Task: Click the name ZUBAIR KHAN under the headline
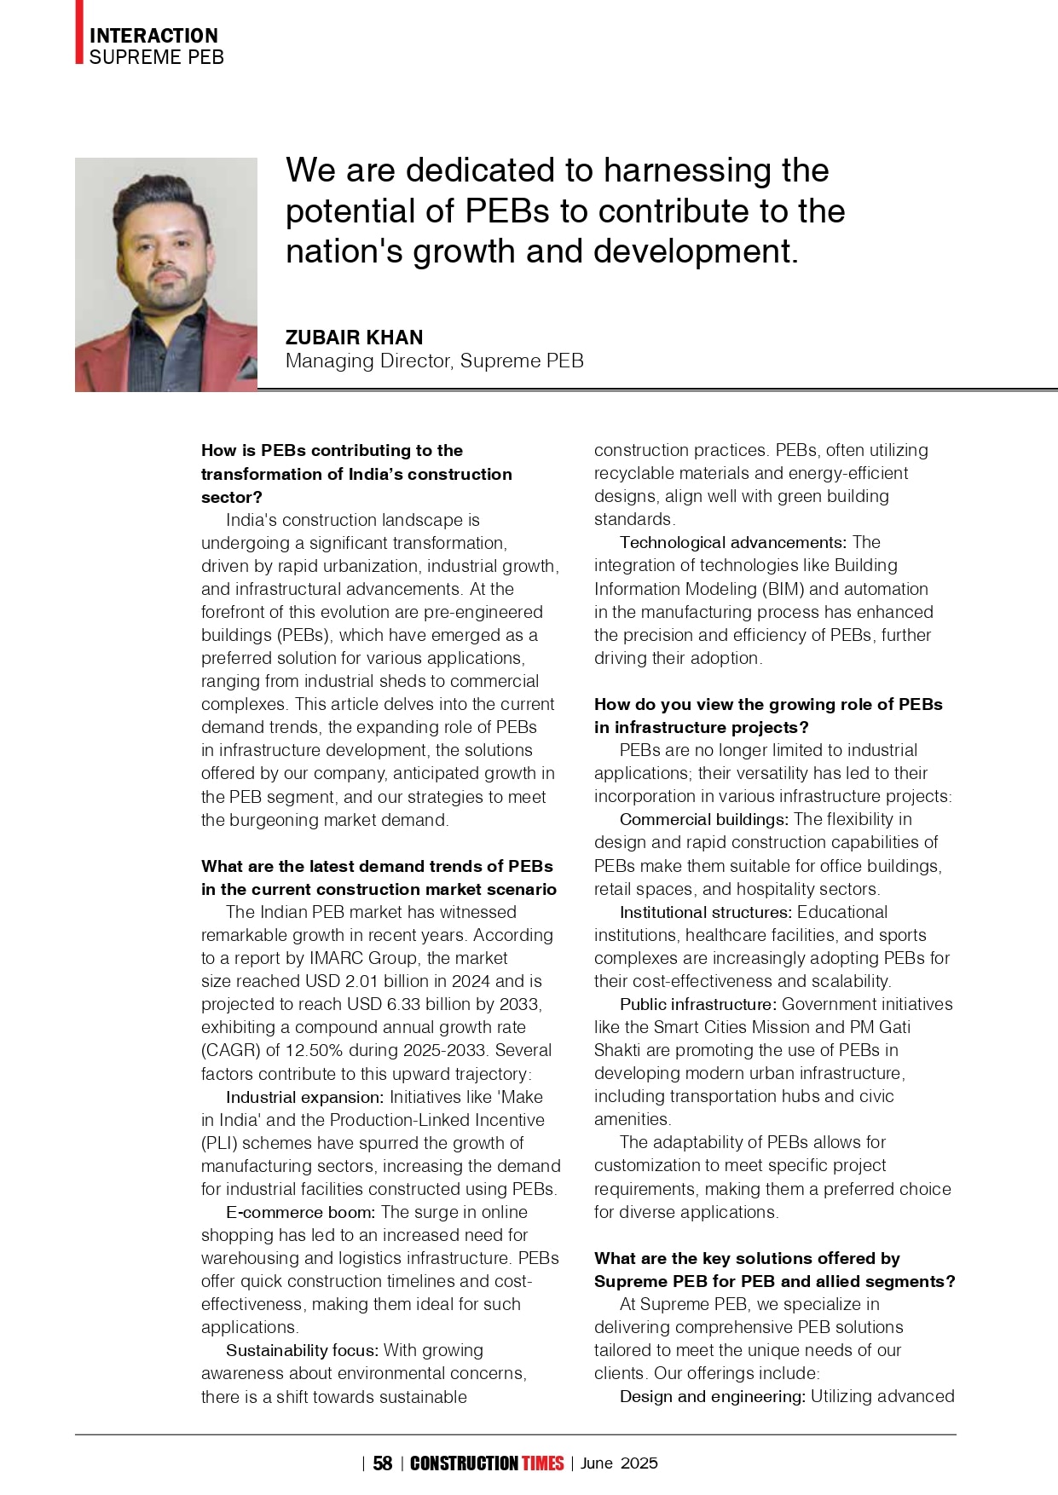pos(354,338)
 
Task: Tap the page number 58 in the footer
pos(383,1463)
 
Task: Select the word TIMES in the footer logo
pos(543,1463)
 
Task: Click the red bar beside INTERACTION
pos(79,32)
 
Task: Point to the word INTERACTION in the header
pos(153,36)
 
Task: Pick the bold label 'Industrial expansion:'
pos(304,1097)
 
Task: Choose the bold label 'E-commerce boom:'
pos(300,1212)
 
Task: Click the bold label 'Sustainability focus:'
pos(302,1350)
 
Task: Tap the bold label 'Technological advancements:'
pos(732,542)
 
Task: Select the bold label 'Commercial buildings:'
pos(703,819)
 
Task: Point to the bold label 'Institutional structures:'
pos(705,912)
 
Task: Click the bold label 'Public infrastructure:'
pos(697,1004)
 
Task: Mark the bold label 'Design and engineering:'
pos(712,1396)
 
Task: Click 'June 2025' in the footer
pos(619,1463)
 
